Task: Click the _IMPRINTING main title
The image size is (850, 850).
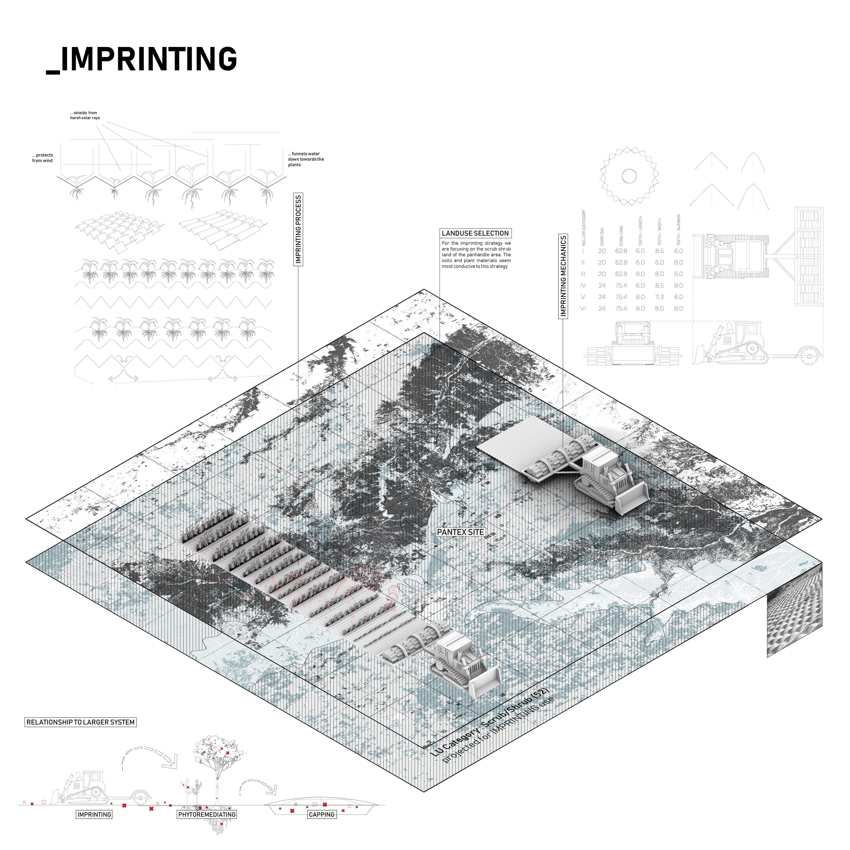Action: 142,59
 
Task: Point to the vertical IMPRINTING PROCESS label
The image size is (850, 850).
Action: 298,229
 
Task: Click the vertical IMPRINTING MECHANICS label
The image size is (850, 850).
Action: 563,276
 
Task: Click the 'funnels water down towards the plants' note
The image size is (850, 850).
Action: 306,159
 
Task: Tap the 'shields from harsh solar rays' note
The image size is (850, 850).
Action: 85,115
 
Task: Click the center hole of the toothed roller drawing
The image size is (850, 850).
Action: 629,176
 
